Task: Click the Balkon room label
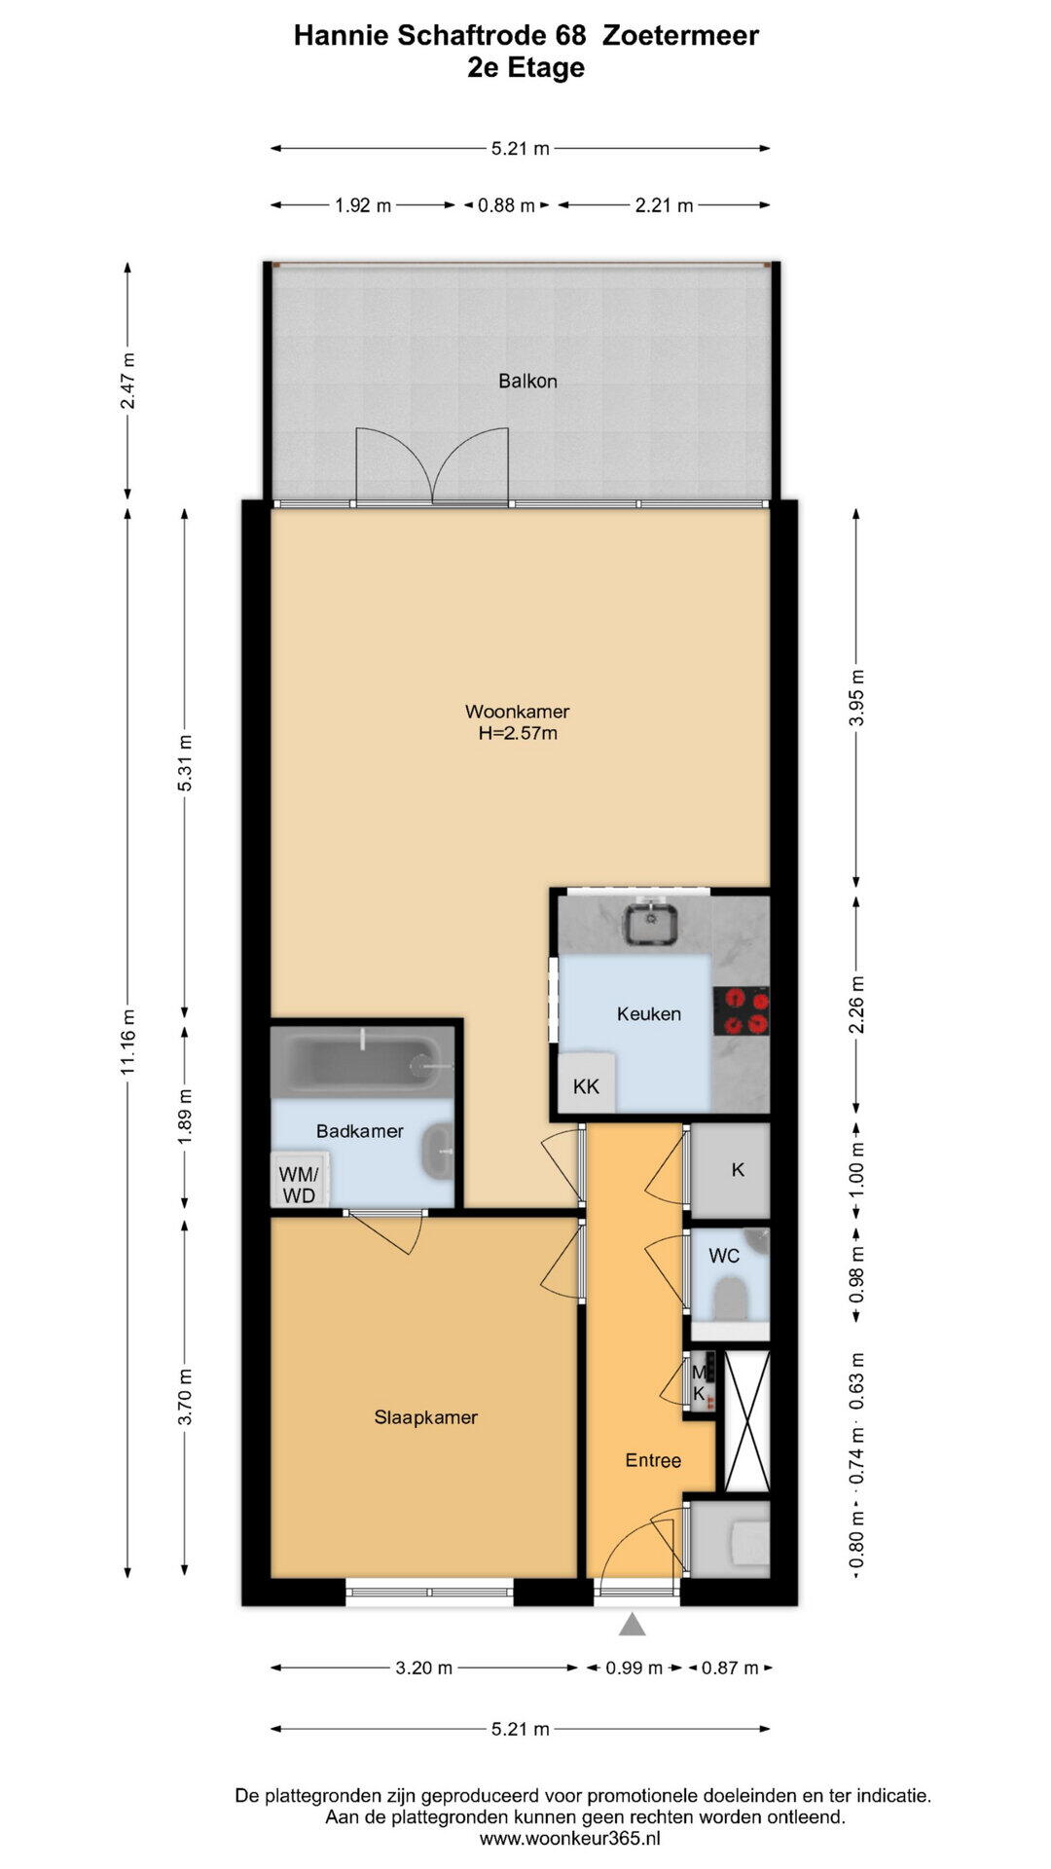[527, 381]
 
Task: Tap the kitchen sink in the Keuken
[651, 924]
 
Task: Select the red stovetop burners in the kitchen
[742, 1010]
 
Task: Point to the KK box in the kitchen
[586, 1084]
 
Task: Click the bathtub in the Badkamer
[362, 1063]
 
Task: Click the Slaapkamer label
[426, 1417]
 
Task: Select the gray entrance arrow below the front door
[633, 1624]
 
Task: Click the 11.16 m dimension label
[128, 1042]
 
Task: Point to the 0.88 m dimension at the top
[506, 205]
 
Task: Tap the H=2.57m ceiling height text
[518, 733]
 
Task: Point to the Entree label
[653, 1460]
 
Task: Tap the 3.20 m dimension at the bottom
[424, 1667]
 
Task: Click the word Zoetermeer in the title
[681, 36]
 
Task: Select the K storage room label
[738, 1169]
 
